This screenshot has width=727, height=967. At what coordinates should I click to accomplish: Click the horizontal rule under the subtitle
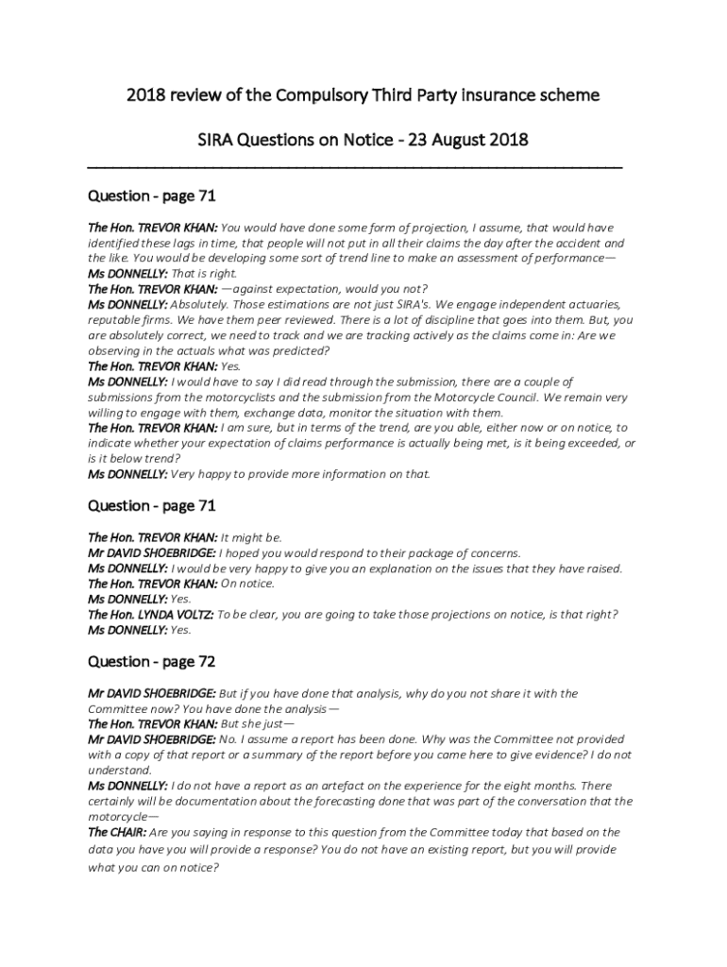(x=354, y=166)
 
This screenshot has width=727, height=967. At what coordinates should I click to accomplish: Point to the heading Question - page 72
(x=152, y=661)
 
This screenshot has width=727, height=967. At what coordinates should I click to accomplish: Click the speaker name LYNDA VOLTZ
(x=176, y=614)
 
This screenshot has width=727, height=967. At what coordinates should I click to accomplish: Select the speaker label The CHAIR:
(x=117, y=832)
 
